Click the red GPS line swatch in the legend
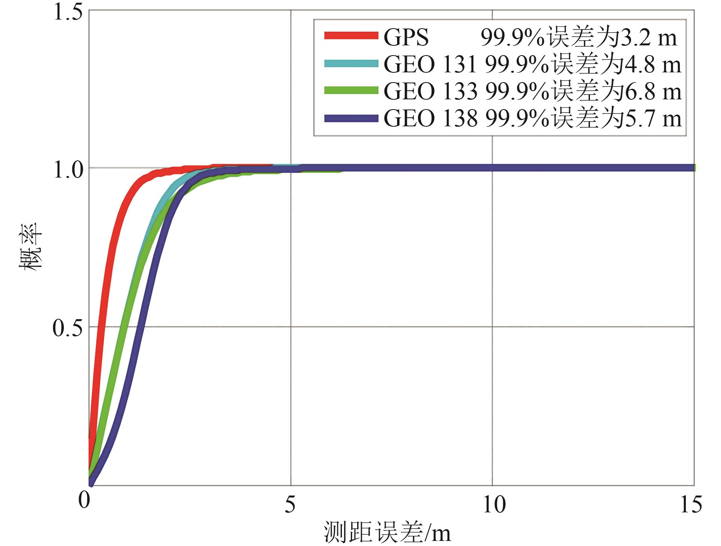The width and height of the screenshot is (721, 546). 351,36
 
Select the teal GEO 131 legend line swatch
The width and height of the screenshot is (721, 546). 351,64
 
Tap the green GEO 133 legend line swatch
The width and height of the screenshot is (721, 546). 351,91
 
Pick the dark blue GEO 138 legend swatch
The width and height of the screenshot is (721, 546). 351,118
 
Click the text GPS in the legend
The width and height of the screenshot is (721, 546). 406,38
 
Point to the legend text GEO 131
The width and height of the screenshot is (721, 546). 430,65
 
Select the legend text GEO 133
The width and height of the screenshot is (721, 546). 430,92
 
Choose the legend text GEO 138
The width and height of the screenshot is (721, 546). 430,119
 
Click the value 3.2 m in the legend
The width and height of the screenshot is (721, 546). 647,38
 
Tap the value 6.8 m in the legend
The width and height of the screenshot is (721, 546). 652,92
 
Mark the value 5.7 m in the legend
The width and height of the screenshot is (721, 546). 652,119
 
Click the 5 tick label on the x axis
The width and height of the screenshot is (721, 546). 290,505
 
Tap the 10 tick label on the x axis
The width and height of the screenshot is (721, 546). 494,505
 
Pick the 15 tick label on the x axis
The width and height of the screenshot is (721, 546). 691,505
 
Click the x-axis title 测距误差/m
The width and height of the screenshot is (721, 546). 387,533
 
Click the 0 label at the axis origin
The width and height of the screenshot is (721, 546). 84,501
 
